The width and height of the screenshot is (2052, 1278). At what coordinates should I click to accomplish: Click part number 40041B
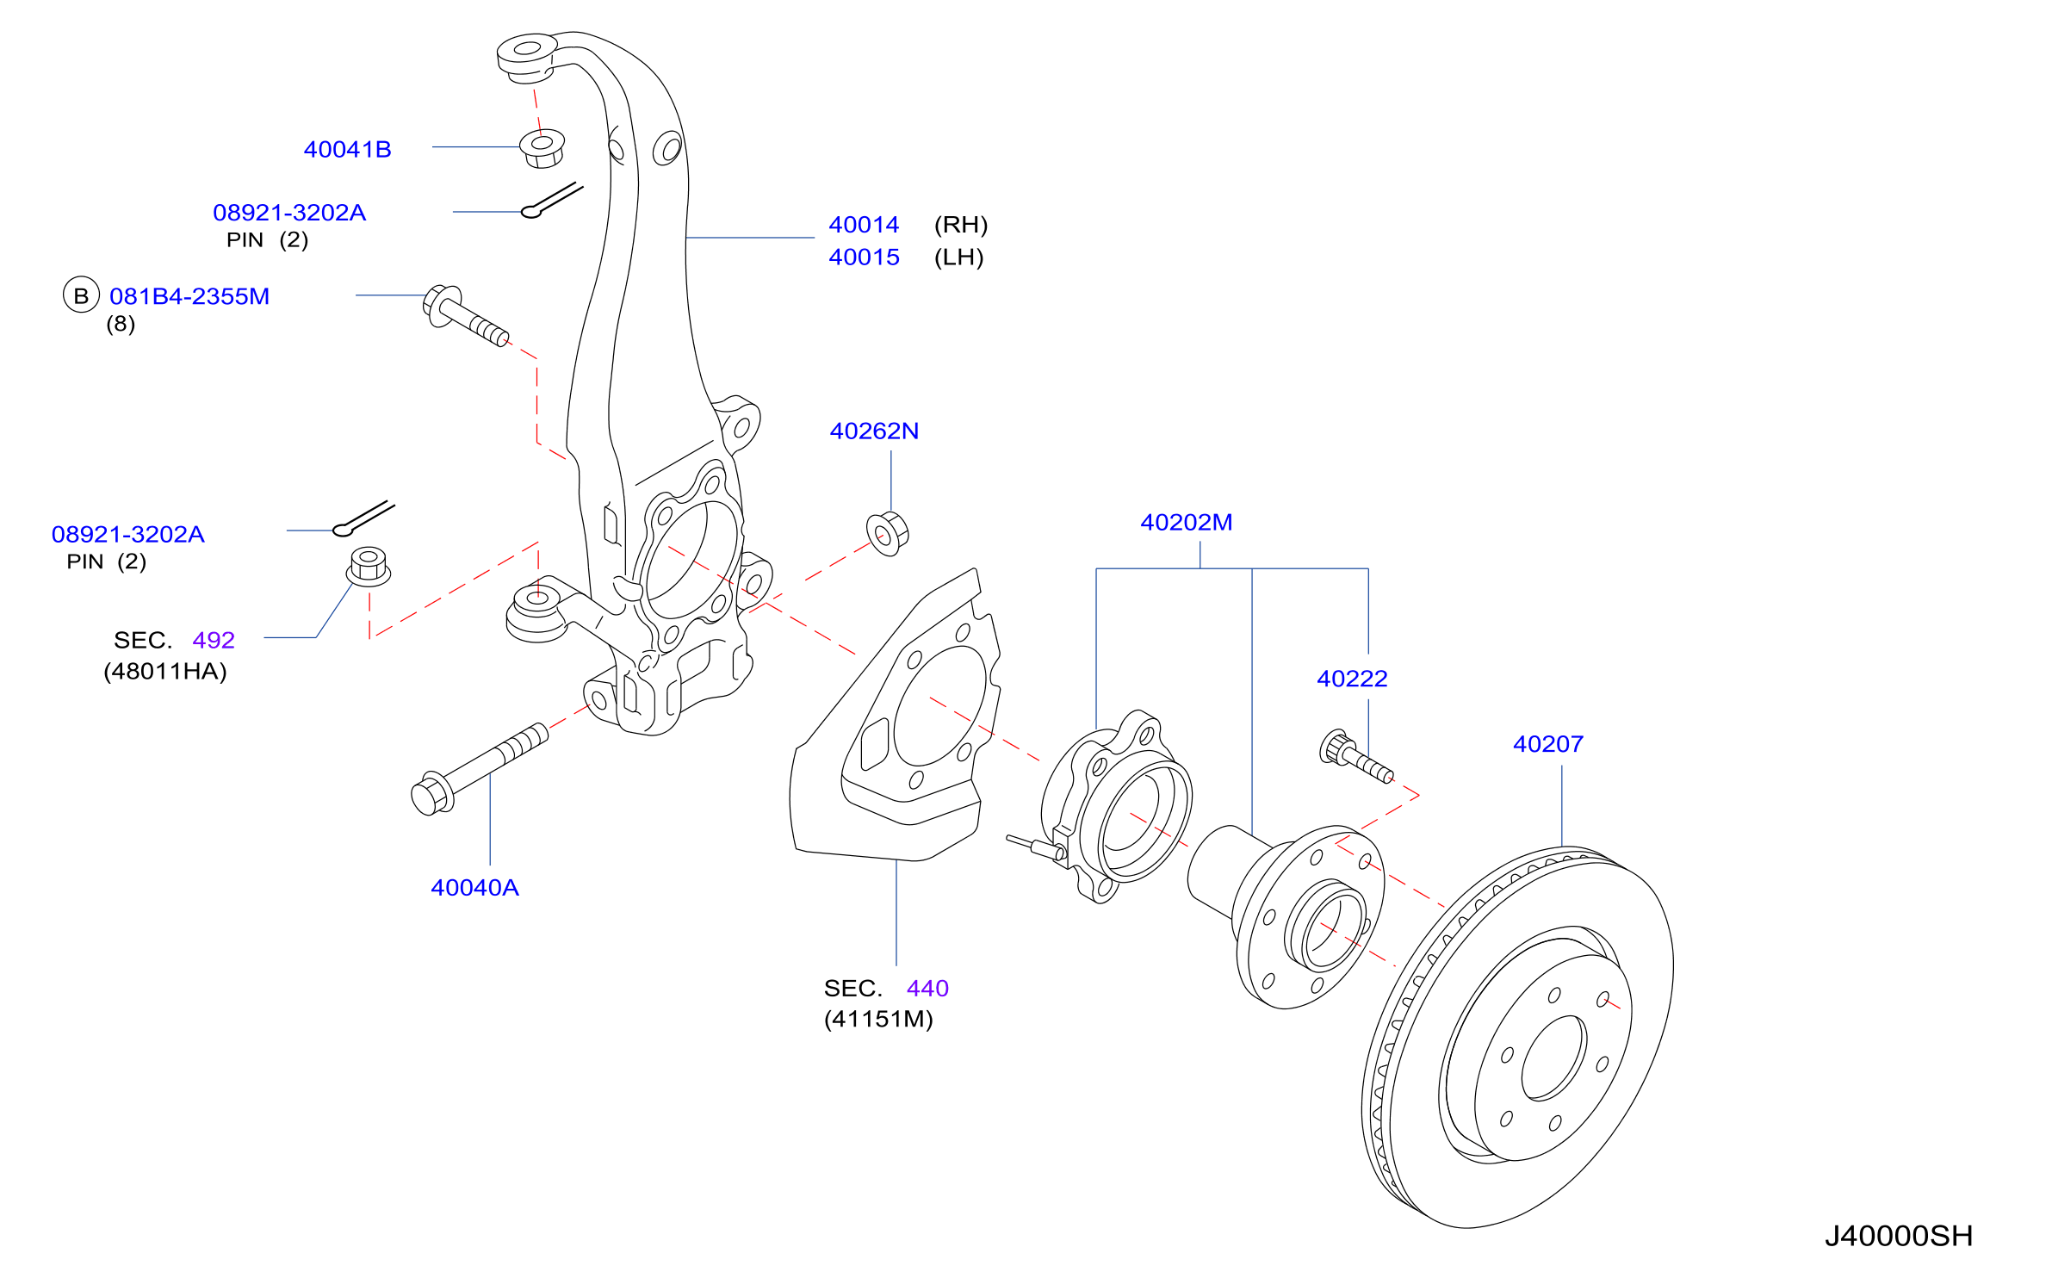tap(347, 150)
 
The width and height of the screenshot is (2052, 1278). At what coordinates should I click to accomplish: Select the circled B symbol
tap(81, 295)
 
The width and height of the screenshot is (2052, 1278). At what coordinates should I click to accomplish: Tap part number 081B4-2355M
tap(189, 296)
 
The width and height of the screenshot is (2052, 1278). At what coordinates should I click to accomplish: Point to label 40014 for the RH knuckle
tap(864, 225)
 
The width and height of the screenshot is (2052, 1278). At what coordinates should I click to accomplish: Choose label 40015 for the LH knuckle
tap(864, 257)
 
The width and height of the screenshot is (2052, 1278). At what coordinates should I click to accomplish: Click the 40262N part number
tap(874, 431)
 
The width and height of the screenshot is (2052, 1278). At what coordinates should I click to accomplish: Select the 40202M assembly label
tap(1186, 522)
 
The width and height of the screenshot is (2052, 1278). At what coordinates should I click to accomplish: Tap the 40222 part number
tap(1352, 679)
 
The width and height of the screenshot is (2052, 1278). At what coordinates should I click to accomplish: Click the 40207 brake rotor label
tap(1548, 744)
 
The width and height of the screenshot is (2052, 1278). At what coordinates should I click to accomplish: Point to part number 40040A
tap(474, 888)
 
